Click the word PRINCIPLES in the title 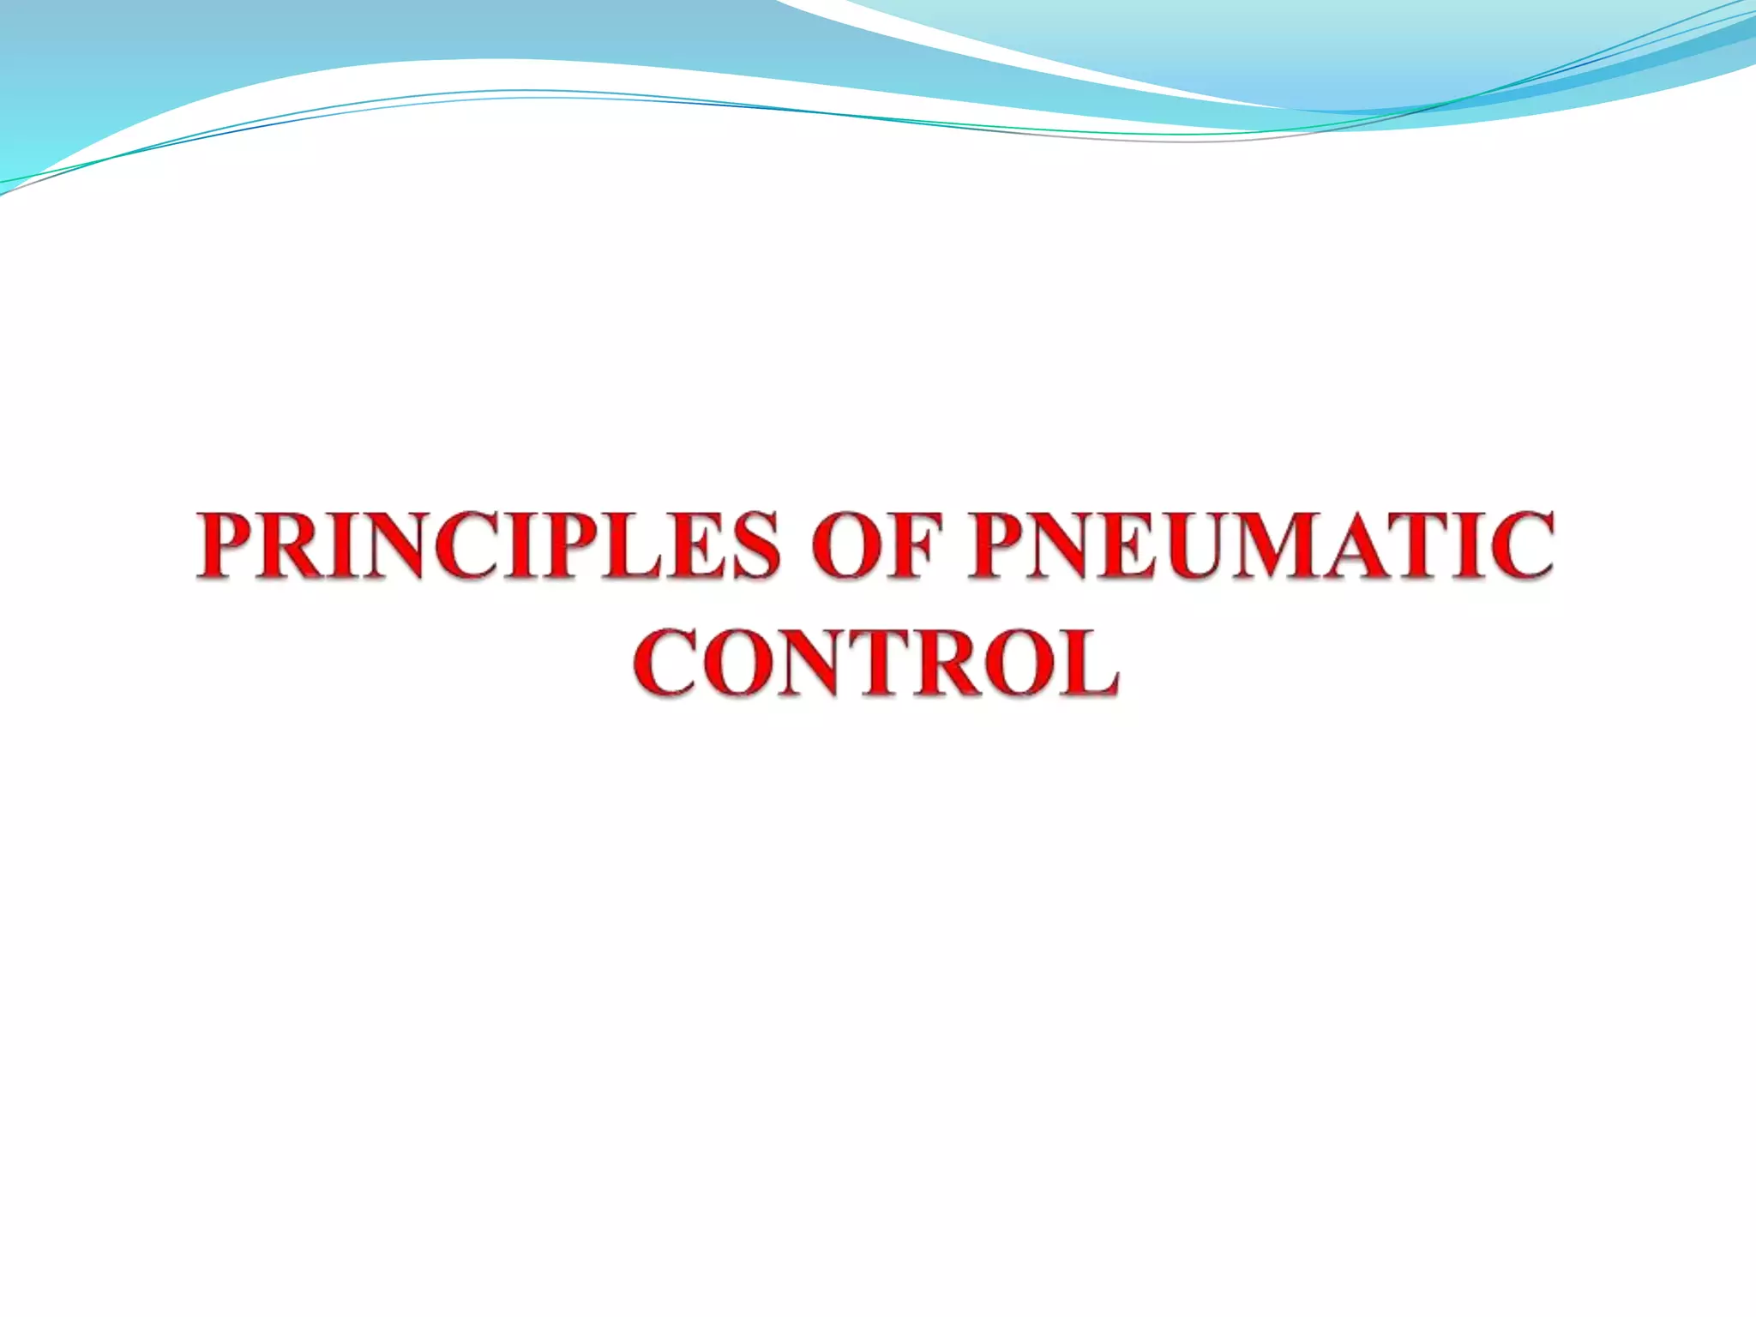pyautogui.click(x=489, y=545)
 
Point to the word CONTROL pyautogui.click(x=876, y=663)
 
